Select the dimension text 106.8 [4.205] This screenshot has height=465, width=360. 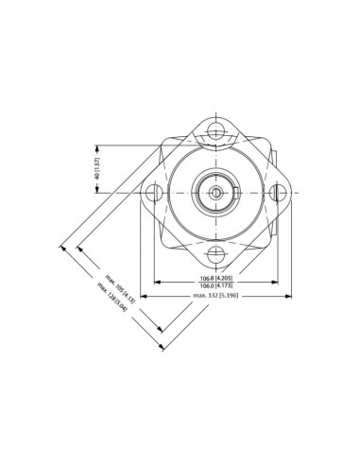click(216, 278)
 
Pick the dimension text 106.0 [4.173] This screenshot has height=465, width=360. click(216, 286)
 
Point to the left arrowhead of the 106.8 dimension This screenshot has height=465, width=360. click(157, 282)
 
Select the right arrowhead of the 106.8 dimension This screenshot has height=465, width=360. click(276, 282)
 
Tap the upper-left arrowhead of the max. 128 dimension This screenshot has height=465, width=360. click(62, 248)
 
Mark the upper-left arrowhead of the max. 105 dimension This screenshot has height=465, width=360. click(78, 248)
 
